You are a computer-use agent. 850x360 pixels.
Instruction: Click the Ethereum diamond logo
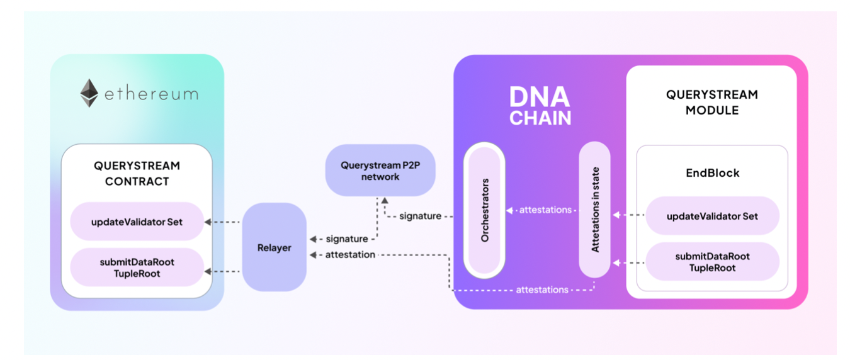(x=89, y=93)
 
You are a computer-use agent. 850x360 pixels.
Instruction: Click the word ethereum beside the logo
(x=150, y=95)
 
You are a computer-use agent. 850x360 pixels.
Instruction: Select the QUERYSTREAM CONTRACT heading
(x=137, y=174)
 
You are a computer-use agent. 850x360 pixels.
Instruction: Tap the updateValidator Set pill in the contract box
(x=137, y=222)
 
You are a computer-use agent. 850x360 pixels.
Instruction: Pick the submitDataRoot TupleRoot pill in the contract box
(x=137, y=267)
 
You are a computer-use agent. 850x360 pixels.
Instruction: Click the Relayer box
(x=275, y=247)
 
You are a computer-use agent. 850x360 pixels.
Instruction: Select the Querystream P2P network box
(x=380, y=171)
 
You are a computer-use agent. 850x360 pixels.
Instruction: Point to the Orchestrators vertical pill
(x=485, y=210)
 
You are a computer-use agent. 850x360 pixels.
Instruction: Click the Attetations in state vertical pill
(x=595, y=210)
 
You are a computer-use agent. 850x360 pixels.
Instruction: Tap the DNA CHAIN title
(x=540, y=106)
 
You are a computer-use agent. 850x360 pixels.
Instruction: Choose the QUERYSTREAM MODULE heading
(x=712, y=103)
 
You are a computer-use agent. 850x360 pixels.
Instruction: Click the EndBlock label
(x=712, y=172)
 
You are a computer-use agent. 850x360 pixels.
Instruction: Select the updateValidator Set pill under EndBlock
(x=712, y=216)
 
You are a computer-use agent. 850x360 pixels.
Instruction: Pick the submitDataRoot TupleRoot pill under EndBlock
(x=712, y=262)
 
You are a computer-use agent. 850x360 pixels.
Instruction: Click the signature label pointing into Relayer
(x=347, y=239)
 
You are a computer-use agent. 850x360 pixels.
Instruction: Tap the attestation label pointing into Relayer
(x=350, y=255)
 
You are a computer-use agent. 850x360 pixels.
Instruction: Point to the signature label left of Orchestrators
(x=421, y=216)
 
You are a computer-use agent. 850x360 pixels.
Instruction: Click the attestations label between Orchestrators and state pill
(x=545, y=210)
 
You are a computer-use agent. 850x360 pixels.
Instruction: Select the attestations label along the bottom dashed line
(x=542, y=290)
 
